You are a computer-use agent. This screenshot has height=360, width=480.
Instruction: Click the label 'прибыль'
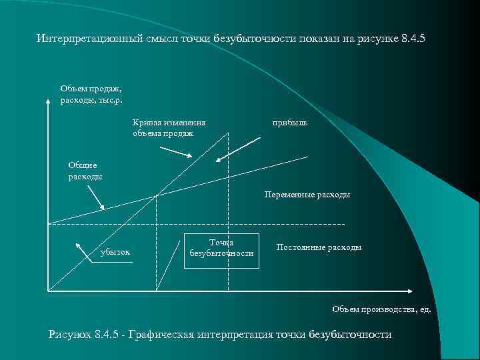pos(290,123)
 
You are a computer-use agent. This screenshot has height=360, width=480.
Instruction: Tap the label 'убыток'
pos(115,252)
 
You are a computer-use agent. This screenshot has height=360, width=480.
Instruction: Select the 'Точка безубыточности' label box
pos(221,248)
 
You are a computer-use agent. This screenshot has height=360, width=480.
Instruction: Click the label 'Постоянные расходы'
pos(319,247)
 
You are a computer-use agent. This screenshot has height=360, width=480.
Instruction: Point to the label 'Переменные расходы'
pos(307,195)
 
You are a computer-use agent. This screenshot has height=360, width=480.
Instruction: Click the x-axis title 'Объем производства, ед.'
pos(381,309)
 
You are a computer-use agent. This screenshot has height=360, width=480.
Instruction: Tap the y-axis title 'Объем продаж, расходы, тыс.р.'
pos(91,93)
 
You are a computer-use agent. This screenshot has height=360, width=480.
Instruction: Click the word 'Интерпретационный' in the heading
pos(88,39)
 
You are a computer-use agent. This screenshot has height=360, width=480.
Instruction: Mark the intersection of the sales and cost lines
pos(156,195)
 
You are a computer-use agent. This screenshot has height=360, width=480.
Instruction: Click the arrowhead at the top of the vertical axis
pos(48,102)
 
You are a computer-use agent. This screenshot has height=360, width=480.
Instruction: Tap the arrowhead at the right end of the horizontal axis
pos(408,291)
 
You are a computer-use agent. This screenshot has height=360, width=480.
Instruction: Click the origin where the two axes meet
pos(49,291)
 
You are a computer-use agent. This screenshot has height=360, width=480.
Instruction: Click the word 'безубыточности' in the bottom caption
pos(351,335)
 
